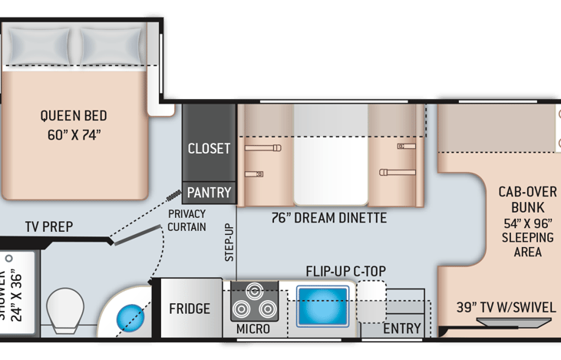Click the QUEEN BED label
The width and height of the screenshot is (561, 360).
coord(74,117)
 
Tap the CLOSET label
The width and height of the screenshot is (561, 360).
coord(209,148)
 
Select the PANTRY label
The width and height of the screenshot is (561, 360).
coord(209,192)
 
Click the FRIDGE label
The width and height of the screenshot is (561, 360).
coord(190,309)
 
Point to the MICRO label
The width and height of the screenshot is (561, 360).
coord(253,329)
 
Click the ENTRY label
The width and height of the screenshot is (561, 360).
coord(402,329)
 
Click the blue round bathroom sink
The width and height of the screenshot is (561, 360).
coord(130,315)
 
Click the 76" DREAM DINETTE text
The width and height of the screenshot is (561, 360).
coord(328,218)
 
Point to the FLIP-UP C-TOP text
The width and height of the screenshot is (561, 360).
coord(345,270)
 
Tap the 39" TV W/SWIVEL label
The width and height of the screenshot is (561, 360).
coord(505,307)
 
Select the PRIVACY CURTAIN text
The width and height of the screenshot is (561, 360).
coord(186,220)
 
